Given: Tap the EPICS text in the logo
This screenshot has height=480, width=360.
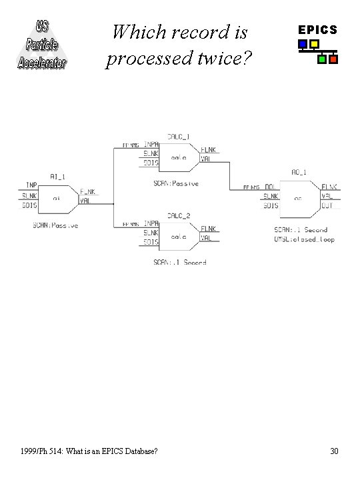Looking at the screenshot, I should coord(317,30).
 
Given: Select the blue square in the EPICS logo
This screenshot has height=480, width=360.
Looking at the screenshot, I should coord(303,45).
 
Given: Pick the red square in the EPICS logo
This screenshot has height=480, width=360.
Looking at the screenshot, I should coord(333,59).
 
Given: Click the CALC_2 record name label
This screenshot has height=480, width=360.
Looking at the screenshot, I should coord(178,215).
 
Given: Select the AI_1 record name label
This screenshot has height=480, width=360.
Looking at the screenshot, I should coord(58,176).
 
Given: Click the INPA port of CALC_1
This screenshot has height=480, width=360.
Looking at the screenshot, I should coord(151,145).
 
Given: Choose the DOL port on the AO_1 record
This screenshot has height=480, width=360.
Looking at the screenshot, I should coord(271,187).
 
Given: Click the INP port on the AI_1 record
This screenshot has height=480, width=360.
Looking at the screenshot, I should coord(31,185).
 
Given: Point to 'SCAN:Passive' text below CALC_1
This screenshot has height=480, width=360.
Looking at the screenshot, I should coord(176,183).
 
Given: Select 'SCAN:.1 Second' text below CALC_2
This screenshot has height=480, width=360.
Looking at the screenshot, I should coord(179,263).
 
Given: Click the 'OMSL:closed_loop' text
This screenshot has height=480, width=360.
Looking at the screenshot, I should coord(304,239).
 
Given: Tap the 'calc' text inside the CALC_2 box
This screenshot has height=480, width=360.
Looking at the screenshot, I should coord(179,237).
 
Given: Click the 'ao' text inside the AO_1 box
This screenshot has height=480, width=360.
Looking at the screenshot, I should coord(299,198).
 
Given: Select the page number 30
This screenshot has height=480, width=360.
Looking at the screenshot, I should coord(334,451).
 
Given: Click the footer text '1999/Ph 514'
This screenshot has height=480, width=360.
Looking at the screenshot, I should coord(43,451).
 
